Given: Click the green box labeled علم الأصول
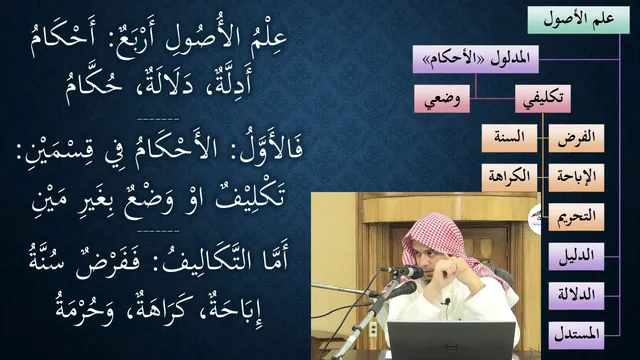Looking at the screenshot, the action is pos(578,20).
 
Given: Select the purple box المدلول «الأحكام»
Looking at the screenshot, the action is pos(476,59).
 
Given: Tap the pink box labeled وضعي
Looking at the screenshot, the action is pos(442,99).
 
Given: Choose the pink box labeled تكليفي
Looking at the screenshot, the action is pos(542,99).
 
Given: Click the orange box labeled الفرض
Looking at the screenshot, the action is pos(576,138).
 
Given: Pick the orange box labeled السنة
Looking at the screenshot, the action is pos(509,138).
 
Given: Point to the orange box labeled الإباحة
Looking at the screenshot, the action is pos(576,178).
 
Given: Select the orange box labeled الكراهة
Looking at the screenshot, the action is pos(509,178).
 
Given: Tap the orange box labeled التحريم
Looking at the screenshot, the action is pos(576,217).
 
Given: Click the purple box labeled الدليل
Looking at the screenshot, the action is pos(576,256).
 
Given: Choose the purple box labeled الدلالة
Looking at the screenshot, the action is pos(576,296).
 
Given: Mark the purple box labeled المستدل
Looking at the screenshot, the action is pos(576,335).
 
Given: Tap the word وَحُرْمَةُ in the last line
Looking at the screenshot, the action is pos(84,308).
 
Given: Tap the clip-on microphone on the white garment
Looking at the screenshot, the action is pos(447,302).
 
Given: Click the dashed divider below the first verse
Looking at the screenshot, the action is pos(158,120).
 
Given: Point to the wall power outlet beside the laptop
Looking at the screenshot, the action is pos(373,329).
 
